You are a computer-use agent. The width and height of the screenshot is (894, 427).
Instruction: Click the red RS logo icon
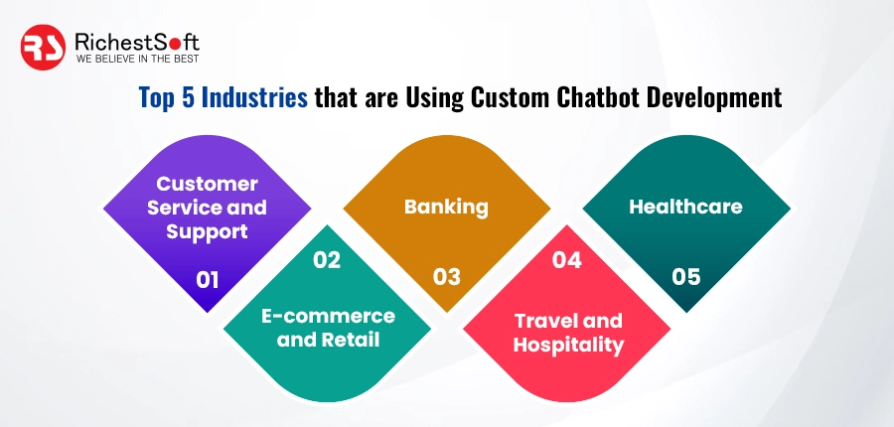pyautogui.click(x=44, y=46)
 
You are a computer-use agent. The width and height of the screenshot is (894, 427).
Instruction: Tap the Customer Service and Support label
pyautogui.click(x=207, y=208)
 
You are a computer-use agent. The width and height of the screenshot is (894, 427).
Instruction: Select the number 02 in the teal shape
pyautogui.click(x=327, y=260)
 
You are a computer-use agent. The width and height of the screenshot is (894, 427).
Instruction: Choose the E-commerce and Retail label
pyautogui.click(x=328, y=328)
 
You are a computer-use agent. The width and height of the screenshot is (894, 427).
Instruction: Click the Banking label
pyautogui.click(x=446, y=207)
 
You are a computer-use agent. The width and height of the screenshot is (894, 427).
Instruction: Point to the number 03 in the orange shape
pyautogui.click(x=446, y=276)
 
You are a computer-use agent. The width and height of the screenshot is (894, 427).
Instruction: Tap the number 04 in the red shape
pyautogui.click(x=566, y=260)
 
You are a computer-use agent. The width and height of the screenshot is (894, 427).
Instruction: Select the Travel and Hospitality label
pyautogui.click(x=567, y=333)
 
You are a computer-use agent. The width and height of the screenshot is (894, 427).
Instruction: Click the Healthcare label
pyautogui.click(x=685, y=207)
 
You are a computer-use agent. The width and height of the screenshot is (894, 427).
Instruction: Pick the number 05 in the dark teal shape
pyautogui.click(x=685, y=276)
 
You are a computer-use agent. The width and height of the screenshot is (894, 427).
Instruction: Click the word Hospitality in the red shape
pyautogui.click(x=567, y=345)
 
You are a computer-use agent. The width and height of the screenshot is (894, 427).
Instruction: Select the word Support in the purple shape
pyautogui.click(x=207, y=231)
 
